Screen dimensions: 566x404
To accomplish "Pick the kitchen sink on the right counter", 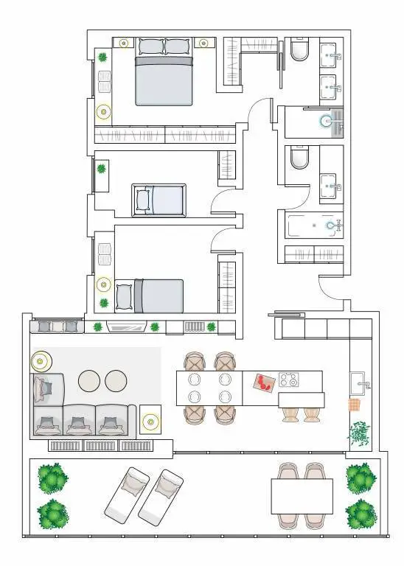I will (361, 381).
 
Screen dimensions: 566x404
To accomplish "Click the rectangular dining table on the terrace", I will (302, 496).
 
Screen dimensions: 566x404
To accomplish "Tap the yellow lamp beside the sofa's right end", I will (150, 422).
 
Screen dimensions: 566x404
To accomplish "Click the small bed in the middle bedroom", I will (159, 200).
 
